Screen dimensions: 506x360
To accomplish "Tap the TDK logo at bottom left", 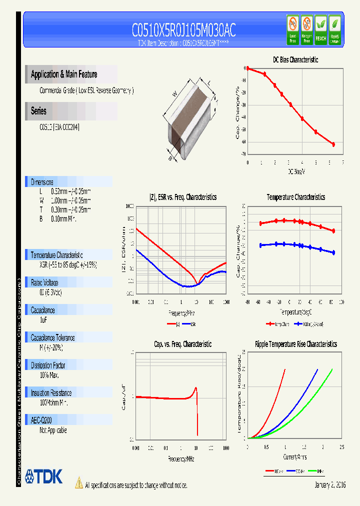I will coord(44,476).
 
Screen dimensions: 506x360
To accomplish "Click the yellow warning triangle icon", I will coord(78,483).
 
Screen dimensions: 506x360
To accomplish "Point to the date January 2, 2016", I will coord(330,485).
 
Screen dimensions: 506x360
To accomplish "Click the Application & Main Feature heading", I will coord(64,74).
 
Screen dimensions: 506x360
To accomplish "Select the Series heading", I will coord(38,111).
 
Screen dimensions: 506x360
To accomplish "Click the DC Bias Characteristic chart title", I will coord(295,59).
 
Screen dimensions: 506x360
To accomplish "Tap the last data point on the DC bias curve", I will coord(333,144).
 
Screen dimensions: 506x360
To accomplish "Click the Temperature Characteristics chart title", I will coord(295,197).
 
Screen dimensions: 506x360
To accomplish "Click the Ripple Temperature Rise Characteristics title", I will coord(295,344).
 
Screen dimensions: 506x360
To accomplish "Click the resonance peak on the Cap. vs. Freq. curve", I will coord(195,388).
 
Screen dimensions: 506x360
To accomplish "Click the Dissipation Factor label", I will coord(48,365).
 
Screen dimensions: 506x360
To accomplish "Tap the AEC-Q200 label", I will coord(41,420).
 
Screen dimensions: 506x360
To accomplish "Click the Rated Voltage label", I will coord(44,282).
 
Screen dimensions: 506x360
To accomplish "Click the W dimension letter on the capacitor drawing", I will coord(174,93).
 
